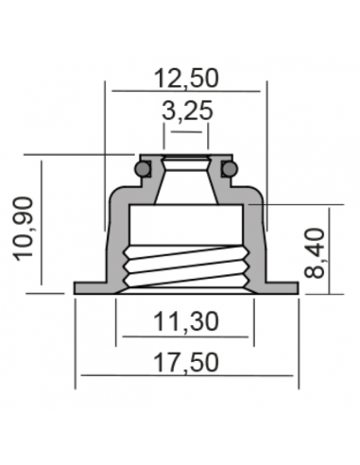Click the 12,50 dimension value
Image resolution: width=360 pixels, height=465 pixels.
pos(186,78)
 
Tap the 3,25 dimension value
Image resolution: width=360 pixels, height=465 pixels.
pos(187,111)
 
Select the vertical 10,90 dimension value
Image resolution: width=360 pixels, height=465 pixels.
pos(24,229)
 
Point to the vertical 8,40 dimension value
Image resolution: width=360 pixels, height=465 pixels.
pos(315,253)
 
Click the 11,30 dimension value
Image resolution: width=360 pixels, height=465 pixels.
pos(186,321)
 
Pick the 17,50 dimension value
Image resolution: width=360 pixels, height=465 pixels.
pos(186,363)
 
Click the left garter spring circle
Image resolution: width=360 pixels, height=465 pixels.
pos(143,168)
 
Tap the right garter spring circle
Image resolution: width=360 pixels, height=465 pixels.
pos(229,168)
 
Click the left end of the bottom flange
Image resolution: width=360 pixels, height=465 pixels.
pos(75,288)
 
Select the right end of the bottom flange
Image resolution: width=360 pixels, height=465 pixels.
pos(297,288)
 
